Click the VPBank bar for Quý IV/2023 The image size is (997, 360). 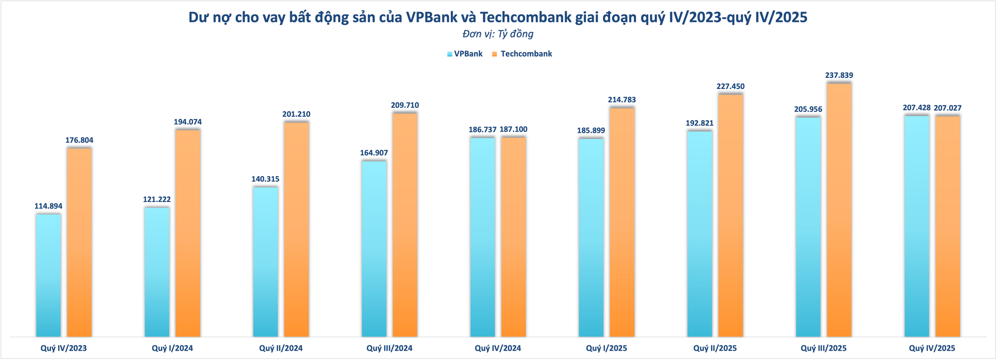pyautogui.click(x=48, y=275)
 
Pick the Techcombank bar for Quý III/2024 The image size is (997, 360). pyautogui.click(x=405, y=224)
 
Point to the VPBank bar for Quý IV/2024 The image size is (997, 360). pyautogui.click(x=482, y=237)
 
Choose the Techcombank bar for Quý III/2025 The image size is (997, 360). pyautogui.click(x=839, y=210)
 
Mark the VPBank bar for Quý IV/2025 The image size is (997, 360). pyautogui.click(x=917, y=226)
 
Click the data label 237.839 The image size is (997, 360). pyautogui.click(x=839, y=75)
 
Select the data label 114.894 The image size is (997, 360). pyautogui.click(x=48, y=206)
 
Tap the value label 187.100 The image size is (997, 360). pyautogui.click(x=514, y=129)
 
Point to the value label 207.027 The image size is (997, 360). pyautogui.click(x=948, y=108)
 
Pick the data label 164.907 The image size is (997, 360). pyautogui.click(x=374, y=153)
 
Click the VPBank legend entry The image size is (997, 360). pyautogui.click(x=465, y=54)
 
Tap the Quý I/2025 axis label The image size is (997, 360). pyautogui.click(x=607, y=348)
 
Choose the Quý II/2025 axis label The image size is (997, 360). pyautogui.click(x=715, y=348)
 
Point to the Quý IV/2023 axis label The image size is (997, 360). pyautogui.click(x=64, y=348)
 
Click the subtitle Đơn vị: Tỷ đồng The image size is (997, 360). pyautogui.click(x=498, y=34)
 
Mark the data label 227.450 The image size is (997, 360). pyautogui.click(x=731, y=86)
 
